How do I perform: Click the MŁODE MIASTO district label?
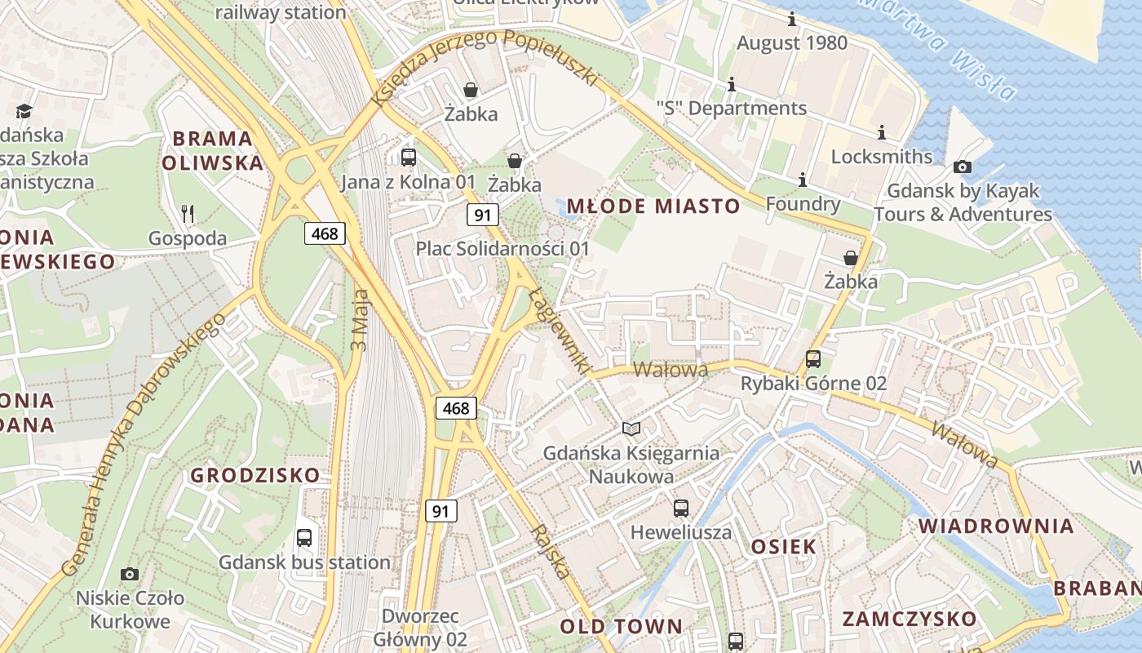pyautogui.click(x=653, y=206)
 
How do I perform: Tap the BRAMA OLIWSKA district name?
pyautogui.click(x=212, y=150)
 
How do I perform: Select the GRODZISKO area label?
pyautogui.click(x=255, y=475)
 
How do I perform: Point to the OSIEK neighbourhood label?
pyautogui.click(x=783, y=546)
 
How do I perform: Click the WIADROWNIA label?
pyautogui.click(x=996, y=526)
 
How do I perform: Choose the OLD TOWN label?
pyautogui.click(x=621, y=627)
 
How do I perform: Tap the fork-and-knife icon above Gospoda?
pyautogui.click(x=188, y=215)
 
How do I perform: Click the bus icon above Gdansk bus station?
pyautogui.click(x=304, y=538)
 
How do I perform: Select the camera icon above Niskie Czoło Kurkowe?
pyautogui.click(x=129, y=575)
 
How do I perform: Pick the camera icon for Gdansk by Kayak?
pyautogui.click(x=963, y=167)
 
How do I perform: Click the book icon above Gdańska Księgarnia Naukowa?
pyautogui.click(x=631, y=429)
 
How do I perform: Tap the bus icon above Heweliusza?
pyautogui.click(x=681, y=509)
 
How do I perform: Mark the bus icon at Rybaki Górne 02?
pyautogui.click(x=813, y=359)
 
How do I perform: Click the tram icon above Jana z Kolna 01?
pyautogui.click(x=409, y=158)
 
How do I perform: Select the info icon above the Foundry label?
pyautogui.click(x=803, y=180)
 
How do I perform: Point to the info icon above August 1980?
pyautogui.click(x=792, y=19)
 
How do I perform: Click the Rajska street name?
pyautogui.click(x=551, y=552)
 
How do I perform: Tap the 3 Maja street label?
pyautogui.click(x=360, y=318)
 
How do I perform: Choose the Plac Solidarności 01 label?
pyautogui.click(x=502, y=248)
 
